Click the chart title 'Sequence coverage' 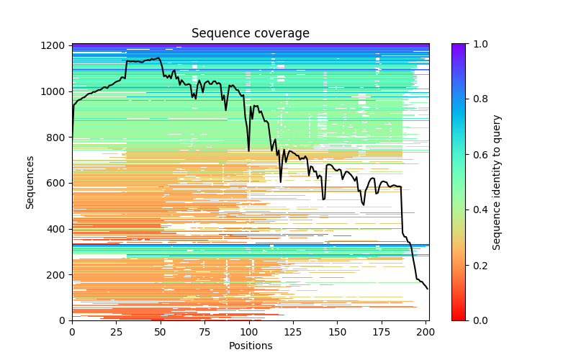[x=250, y=33]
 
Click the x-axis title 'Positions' [x=250, y=346]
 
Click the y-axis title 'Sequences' [x=30, y=181]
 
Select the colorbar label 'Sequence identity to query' [x=497, y=181]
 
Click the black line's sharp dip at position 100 [x=249, y=150]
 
